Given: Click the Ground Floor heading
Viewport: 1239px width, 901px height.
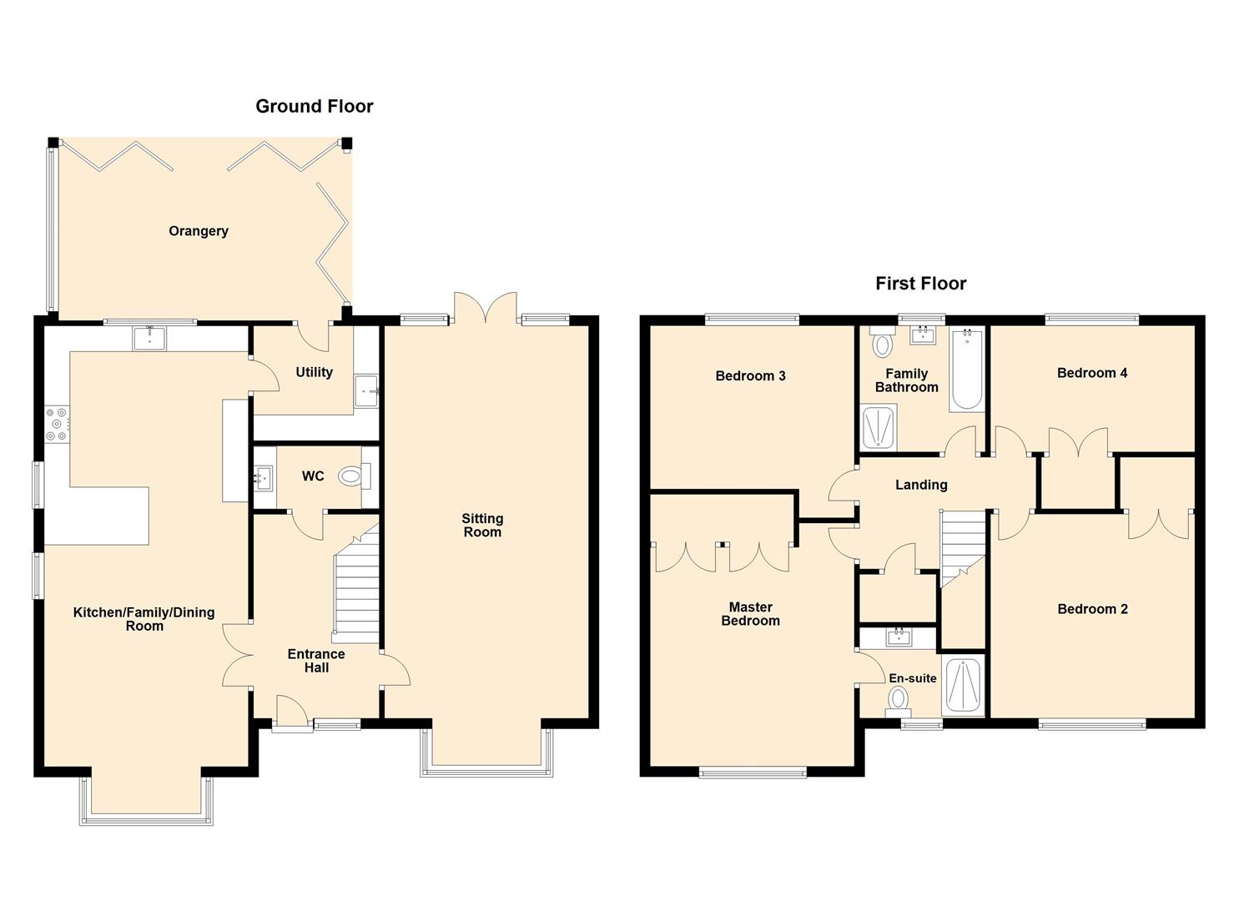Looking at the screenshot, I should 314,106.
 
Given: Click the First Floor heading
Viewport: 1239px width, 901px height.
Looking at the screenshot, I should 920,284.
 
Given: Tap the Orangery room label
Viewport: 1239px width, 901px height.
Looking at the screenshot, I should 198,231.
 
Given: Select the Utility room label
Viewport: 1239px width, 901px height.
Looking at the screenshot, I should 314,372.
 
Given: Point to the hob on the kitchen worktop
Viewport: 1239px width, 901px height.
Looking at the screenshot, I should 57,423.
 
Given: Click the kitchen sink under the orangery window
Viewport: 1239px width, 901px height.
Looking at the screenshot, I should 149,338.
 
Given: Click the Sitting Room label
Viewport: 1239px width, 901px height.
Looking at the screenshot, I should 482,526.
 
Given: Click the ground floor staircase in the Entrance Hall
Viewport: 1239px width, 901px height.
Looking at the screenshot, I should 357,584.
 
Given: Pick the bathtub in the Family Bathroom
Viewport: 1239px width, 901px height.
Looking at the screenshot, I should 967,370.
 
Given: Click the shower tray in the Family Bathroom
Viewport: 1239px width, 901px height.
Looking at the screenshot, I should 878,427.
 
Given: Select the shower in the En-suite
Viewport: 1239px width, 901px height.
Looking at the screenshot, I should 963,687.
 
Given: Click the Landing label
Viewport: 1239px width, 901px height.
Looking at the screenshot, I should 921,485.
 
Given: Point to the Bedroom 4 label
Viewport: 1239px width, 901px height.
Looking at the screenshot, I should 1091,373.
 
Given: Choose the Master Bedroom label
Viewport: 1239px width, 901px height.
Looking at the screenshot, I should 750,614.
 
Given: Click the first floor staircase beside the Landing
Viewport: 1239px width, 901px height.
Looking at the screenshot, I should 963,542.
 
